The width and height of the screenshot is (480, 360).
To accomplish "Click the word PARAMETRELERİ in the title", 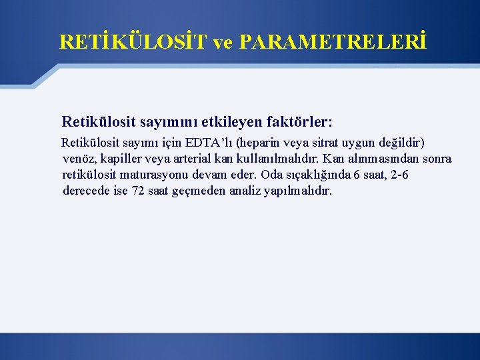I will point(331,42).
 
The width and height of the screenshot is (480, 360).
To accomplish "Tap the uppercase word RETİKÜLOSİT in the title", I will point(133,42).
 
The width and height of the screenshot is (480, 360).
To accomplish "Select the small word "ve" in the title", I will point(223,42).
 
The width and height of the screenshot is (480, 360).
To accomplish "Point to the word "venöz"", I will point(78,159).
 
